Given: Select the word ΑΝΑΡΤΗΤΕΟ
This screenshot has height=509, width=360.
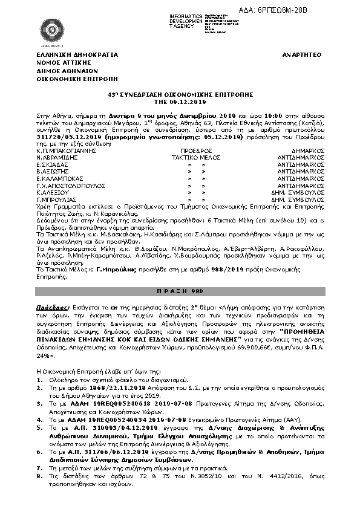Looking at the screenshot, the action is coord(301,54).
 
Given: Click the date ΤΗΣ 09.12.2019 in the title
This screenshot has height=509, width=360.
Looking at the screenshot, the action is coord(179,102).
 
